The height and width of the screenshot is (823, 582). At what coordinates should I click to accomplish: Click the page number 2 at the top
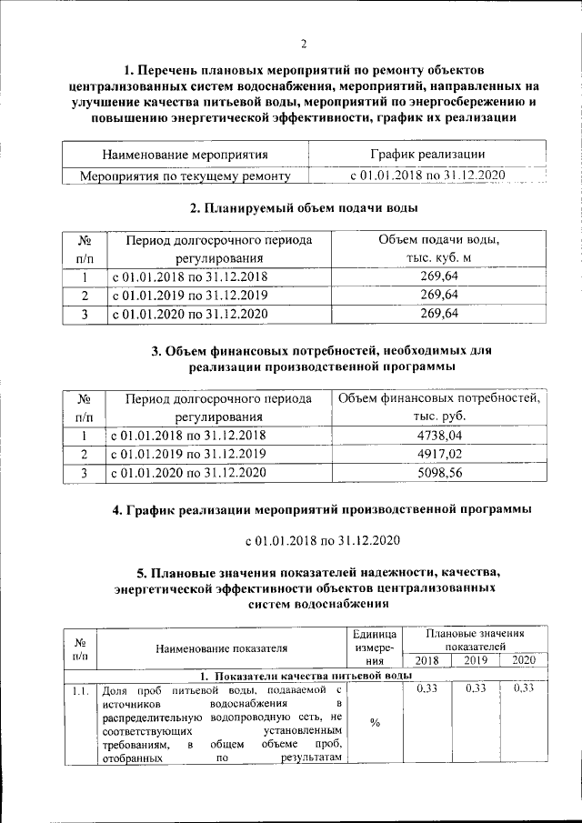[304, 43]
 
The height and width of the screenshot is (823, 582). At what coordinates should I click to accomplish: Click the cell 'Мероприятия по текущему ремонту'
[185, 175]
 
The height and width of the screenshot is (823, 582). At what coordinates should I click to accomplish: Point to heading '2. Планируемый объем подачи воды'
[304, 208]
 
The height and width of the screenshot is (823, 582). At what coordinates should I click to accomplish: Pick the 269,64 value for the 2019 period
[438, 296]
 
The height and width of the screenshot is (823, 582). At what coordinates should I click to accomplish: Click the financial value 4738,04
[438, 436]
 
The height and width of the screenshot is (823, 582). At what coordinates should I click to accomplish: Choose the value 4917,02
[438, 454]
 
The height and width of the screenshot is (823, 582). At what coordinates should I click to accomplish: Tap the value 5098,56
[438, 473]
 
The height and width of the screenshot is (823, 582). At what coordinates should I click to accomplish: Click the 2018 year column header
[426, 661]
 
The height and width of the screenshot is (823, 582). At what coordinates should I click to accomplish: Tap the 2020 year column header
[523, 661]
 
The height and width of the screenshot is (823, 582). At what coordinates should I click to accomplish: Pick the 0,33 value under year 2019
[475, 690]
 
